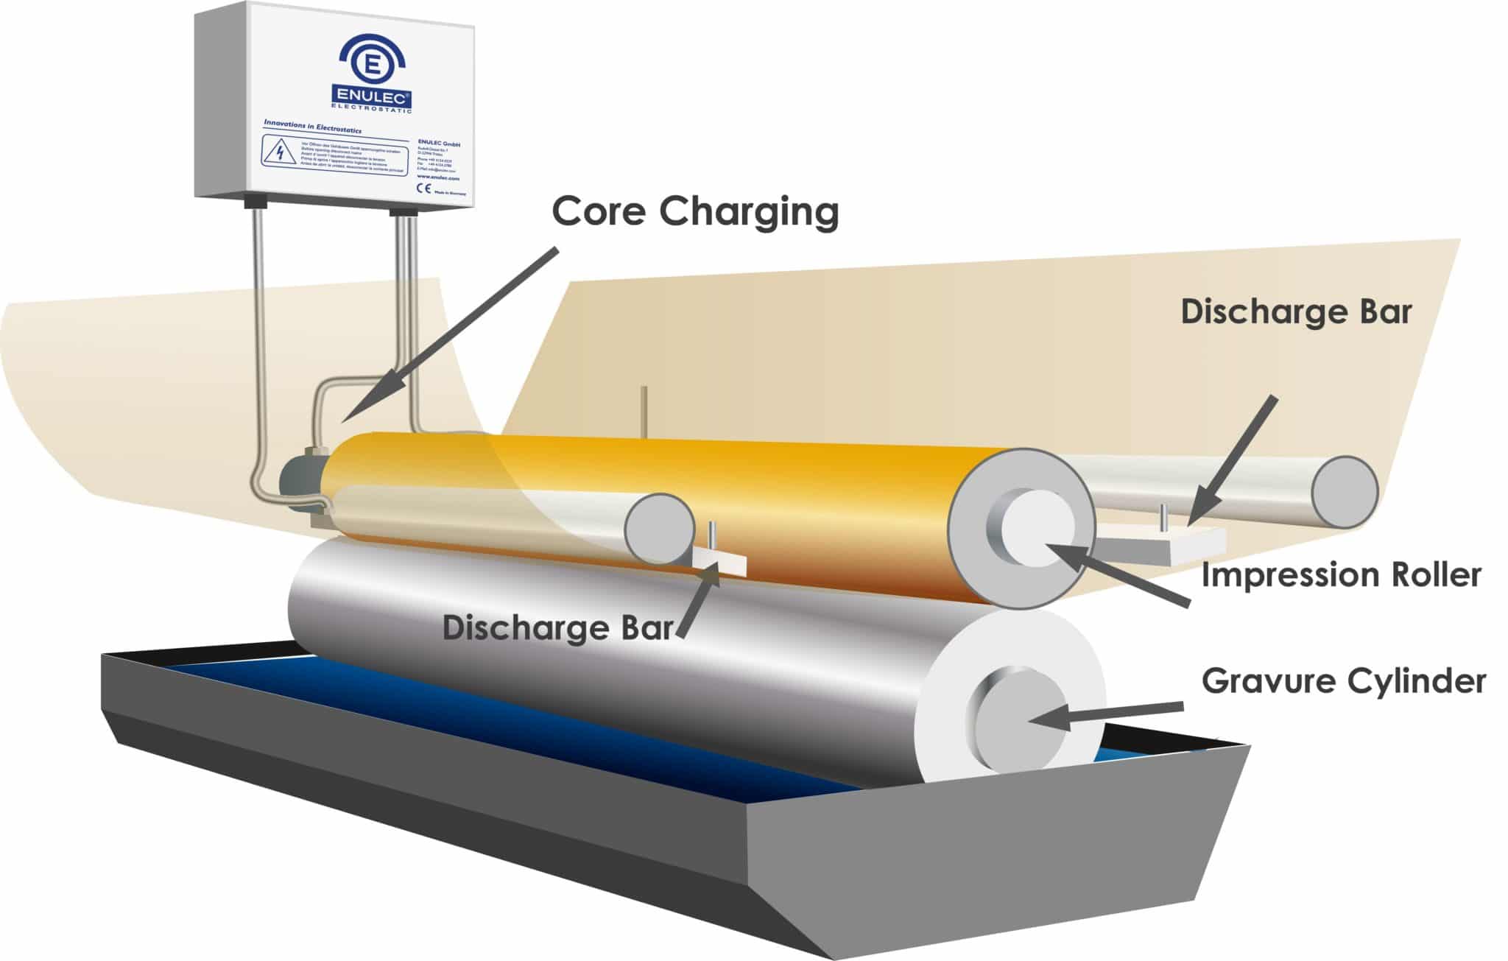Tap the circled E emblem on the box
coord(373,63)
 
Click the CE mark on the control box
coord(425,188)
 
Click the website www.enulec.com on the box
coord(437,177)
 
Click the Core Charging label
coord(695,211)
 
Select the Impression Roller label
coord(1340,575)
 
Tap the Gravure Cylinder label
coord(1343,681)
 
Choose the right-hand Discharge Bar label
coord(1296,312)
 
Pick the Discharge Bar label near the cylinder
coord(557,628)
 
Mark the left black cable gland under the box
coord(255,201)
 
